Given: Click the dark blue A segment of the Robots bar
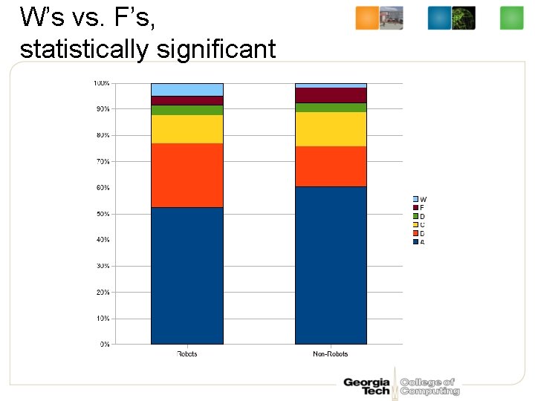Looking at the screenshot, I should coord(187,276).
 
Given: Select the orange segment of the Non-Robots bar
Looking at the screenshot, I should coord(331,166).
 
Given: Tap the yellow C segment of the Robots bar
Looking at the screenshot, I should coord(187,129).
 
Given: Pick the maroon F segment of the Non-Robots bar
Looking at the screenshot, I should coord(331,95).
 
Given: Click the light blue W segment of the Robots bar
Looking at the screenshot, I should coord(187,90).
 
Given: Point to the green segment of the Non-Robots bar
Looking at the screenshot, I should coord(331,108).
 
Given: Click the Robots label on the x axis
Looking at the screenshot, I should coord(187,354).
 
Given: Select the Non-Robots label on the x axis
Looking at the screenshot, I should coord(331,354).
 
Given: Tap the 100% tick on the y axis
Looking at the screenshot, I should coord(101,83).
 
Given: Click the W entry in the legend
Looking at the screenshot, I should coord(420,200).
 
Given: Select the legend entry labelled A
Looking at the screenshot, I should coord(420,242).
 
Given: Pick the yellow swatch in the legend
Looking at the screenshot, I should coord(416,225).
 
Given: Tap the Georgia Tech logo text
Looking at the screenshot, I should coord(366,386).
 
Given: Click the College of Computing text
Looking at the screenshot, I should coord(429,386).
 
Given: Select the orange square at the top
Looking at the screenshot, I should coord(367,18).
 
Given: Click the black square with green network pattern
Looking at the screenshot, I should coord(464,18).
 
